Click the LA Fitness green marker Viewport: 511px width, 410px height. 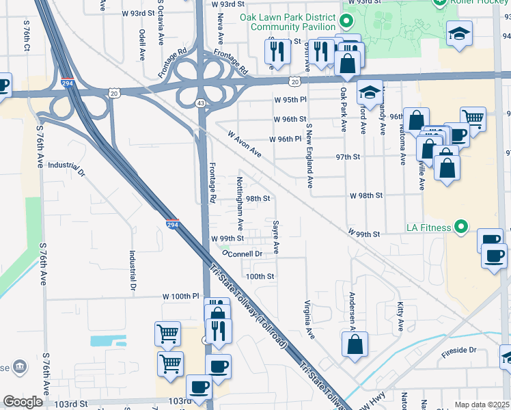(461, 226)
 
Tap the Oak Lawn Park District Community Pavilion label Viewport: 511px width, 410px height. (288, 21)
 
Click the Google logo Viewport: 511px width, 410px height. (23, 402)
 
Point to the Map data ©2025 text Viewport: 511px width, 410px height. (481, 405)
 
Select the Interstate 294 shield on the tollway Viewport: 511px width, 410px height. (172, 223)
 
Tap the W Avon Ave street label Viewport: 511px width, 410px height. (245, 143)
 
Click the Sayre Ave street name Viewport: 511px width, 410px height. (276, 236)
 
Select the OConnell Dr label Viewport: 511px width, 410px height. (242, 254)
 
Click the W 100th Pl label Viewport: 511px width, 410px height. (180, 297)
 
